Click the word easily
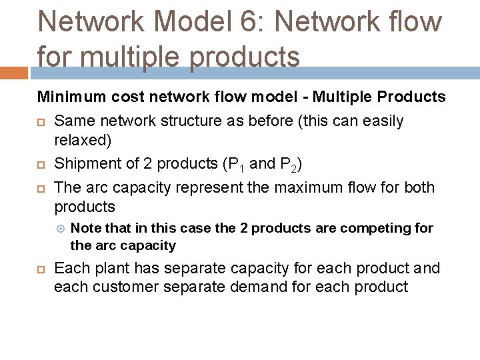[379, 121]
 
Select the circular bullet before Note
[60, 229]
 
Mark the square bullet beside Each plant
[41, 269]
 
